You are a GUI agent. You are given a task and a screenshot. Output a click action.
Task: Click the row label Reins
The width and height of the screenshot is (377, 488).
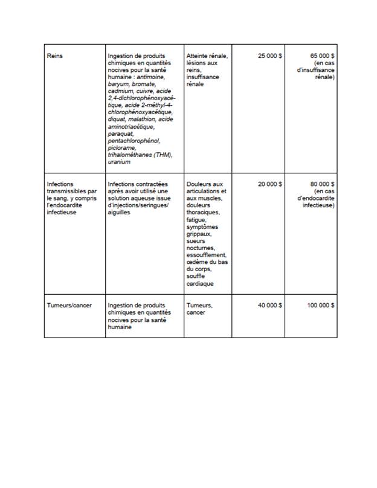[54, 56]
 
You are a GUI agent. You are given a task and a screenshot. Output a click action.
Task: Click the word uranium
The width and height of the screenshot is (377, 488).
[119, 162]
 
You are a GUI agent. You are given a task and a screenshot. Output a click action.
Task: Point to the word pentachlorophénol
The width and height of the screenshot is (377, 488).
[134, 141]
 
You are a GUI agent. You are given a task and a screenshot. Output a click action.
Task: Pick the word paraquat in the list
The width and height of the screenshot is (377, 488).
[121, 134]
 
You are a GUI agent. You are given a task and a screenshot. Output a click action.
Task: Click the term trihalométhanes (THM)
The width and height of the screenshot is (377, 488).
[139, 155]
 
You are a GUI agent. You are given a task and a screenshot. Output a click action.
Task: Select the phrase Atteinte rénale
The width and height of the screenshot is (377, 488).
[207, 56]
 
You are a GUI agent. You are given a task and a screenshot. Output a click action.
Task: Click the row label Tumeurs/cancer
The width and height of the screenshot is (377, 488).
[69, 306]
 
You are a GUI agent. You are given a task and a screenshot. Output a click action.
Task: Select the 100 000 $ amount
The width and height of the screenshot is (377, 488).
[321, 306]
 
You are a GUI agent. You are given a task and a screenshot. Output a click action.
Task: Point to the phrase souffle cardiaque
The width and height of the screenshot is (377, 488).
[200, 280]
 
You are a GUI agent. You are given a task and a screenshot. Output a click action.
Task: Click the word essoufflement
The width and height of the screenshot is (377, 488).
[206, 255]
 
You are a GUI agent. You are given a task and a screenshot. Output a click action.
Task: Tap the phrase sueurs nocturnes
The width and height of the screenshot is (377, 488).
[201, 244]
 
